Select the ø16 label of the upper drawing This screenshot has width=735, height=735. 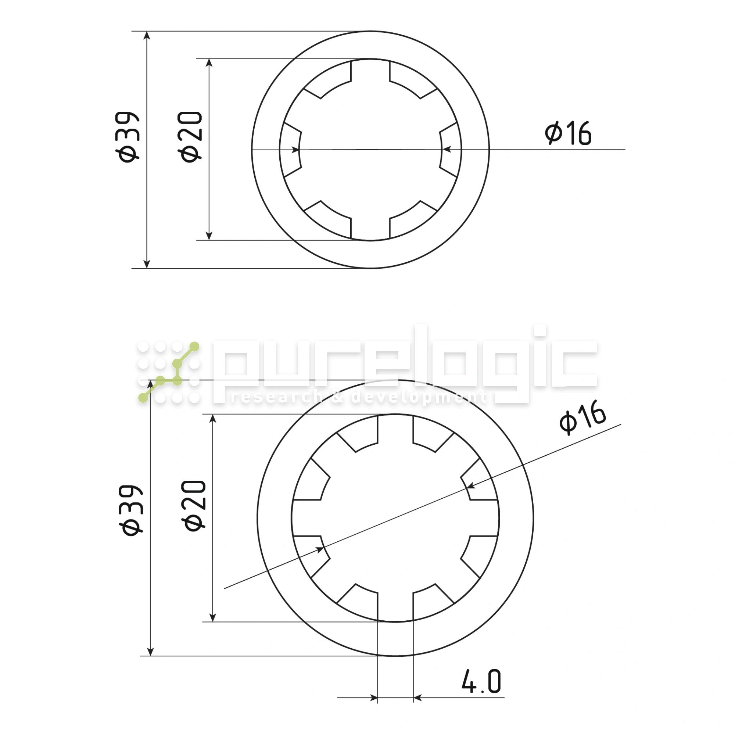tap(568, 133)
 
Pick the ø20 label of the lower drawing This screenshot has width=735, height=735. tap(194, 506)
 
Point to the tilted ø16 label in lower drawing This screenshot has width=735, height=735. tap(582, 417)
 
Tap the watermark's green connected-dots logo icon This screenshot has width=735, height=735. tap(169, 372)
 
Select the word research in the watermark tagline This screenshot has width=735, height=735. tap(276, 397)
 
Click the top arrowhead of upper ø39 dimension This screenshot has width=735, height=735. tap(147, 36)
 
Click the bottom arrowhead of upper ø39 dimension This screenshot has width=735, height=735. tap(147, 263)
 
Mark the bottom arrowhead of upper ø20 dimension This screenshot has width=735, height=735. tap(209, 236)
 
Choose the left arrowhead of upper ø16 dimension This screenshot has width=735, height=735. tap(295, 150)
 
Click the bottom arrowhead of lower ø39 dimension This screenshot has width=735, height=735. tap(150, 651)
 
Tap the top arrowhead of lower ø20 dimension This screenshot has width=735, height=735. tap(213, 419)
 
